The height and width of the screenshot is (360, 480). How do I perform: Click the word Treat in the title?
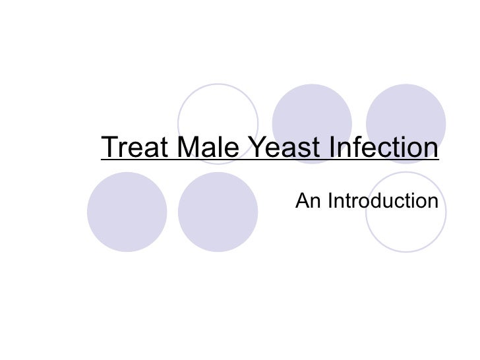(133, 148)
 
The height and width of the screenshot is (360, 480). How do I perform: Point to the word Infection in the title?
(385, 148)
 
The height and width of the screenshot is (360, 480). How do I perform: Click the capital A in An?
(303, 200)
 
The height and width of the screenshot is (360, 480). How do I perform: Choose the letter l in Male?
(219, 148)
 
